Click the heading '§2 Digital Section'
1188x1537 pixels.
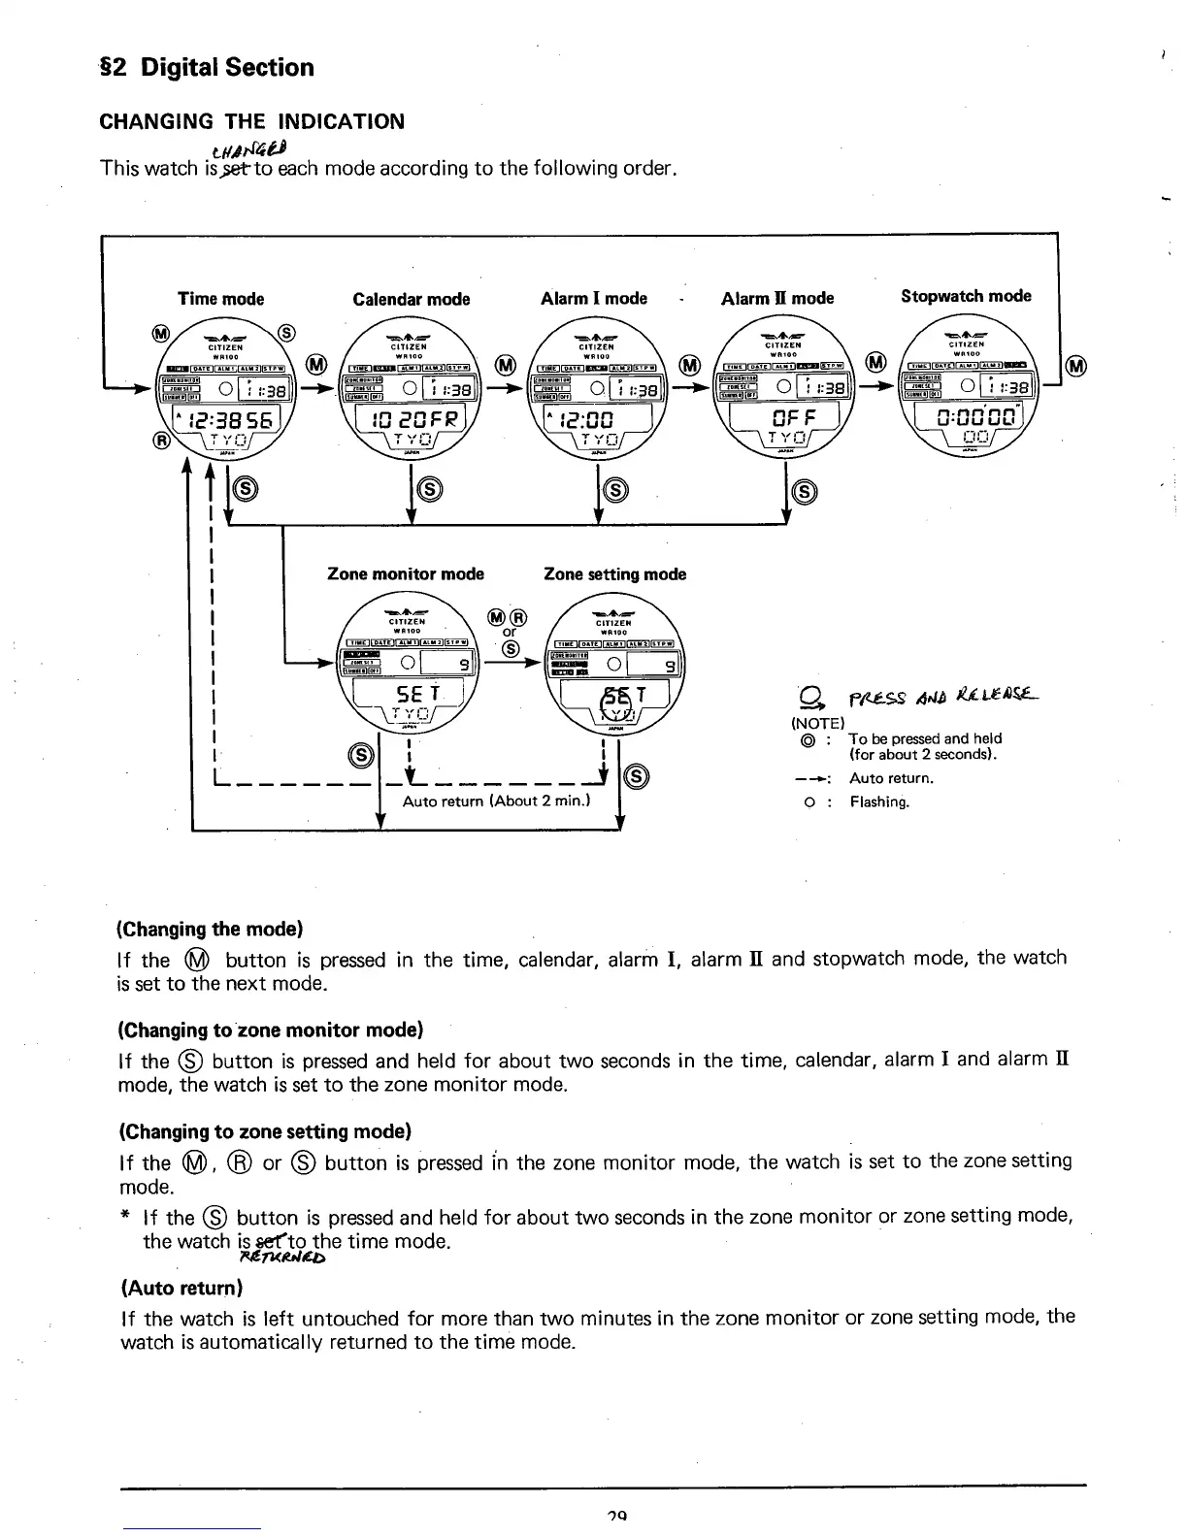coord(207,68)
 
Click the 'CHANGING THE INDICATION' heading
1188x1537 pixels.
coord(252,122)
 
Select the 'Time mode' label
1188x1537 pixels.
coord(220,300)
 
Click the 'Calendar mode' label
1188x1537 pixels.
coord(411,300)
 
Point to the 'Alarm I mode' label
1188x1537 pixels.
coord(593,299)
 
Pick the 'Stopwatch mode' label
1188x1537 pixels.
coord(966,296)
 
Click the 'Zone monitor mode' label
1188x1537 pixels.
coord(406,574)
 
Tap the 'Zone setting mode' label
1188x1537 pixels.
coord(614,574)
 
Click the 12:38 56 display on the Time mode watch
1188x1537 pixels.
coord(224,420)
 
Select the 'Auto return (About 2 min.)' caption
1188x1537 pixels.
coord(497,801)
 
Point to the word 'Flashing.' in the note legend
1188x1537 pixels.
coord(879,801)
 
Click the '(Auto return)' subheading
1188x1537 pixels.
coord(181,1289)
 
